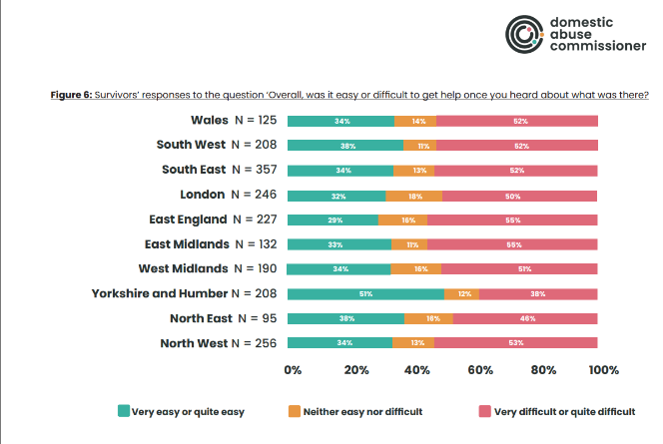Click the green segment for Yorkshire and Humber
pos(366,294)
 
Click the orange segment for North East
pos(428,319)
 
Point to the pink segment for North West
pos(516,343)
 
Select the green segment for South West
pos(345,146)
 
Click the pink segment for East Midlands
pos(512,244)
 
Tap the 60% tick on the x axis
pos(480,370)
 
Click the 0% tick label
pos(294,370)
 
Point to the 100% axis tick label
pos(603,370)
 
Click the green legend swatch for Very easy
pos(124,410)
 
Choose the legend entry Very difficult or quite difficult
pos(563,410)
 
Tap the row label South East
pos(194,170)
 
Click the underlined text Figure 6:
pos(72,95)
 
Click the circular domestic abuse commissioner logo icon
pos(522,35)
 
